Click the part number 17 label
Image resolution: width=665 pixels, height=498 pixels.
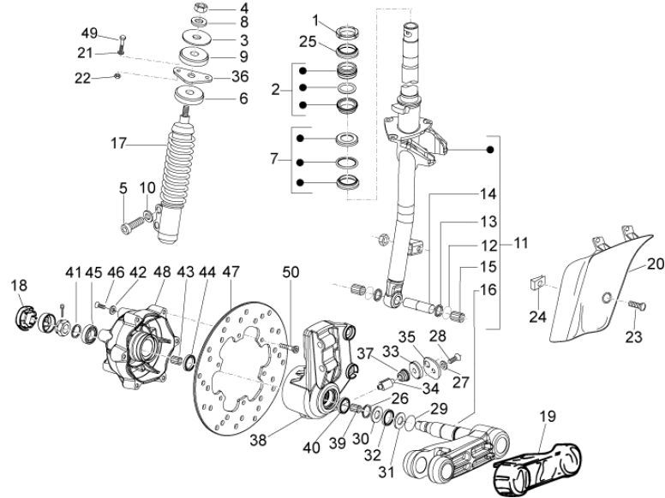(x=117, y=145)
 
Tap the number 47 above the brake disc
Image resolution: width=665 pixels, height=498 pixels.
(x=231, y=271)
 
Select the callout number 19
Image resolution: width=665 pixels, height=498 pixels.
(x=548, y=418)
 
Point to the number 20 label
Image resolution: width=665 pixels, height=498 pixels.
(x=655, y=264)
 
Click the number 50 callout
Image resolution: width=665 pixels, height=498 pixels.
(x=291, y=271)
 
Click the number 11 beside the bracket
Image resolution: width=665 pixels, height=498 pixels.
(x=521, y=244)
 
